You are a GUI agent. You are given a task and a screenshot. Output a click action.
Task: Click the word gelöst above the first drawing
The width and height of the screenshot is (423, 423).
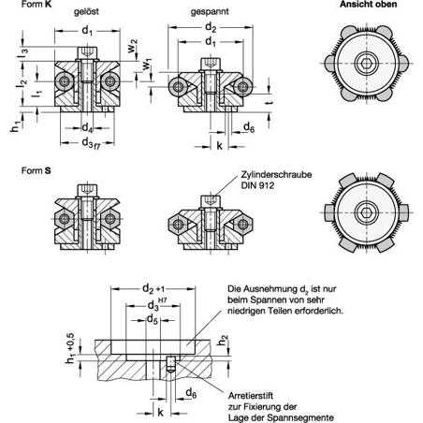86,11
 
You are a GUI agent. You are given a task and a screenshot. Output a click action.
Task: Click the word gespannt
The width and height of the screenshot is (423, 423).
210,12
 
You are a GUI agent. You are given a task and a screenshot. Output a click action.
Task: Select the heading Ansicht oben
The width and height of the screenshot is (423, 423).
368,5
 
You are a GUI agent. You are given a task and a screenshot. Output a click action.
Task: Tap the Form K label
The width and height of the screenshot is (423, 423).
36,4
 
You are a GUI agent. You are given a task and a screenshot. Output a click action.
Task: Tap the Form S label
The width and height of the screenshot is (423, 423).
36,170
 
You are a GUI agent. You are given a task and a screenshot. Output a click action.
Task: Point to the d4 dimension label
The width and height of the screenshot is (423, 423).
87,127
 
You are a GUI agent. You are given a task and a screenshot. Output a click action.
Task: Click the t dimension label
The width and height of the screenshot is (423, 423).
270,102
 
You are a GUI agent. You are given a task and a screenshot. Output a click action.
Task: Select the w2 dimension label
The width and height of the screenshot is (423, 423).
132,46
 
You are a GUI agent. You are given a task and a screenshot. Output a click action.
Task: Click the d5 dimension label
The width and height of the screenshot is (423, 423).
153,319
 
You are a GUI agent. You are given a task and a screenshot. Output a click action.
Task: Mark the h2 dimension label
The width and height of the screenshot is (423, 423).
223,341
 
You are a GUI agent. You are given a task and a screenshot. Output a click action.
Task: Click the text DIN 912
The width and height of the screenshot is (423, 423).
257,185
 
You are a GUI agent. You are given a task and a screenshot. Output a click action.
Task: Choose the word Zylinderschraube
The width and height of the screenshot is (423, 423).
276,174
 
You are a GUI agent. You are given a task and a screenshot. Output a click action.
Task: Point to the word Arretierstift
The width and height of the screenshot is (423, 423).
251,396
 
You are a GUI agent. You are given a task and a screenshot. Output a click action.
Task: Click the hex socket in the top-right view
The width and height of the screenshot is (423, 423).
367,64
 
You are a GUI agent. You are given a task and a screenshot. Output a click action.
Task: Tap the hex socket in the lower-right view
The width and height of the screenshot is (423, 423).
367,212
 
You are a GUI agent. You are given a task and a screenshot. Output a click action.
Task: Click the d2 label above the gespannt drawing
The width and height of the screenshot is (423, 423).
211,28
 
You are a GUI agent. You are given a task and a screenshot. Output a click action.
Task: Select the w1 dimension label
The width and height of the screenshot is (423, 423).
147,65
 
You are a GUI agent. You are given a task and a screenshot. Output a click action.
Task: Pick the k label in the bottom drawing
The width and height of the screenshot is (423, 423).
160,413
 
